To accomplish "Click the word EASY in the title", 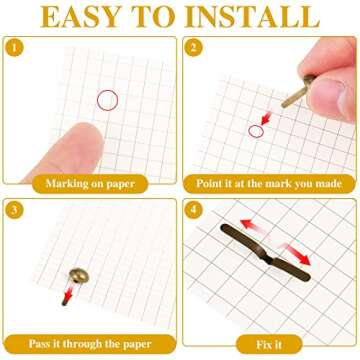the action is (80, 17).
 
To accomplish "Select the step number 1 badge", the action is (14, 48).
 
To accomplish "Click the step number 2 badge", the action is (194, 48).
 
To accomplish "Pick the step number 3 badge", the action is (14, 210).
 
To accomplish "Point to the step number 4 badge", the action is (194, 210).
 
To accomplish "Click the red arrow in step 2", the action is (267, 118).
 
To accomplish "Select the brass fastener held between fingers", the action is (298, 91).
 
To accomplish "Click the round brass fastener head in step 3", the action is (79, 276).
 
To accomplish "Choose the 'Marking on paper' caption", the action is (90, 184).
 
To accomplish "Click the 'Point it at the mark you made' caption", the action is (269, 184).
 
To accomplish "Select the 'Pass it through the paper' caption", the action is (90, 344).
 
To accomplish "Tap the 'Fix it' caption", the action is (269, 345).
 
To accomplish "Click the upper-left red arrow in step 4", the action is (253, 226).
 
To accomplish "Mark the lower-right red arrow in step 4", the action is (296, 254).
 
